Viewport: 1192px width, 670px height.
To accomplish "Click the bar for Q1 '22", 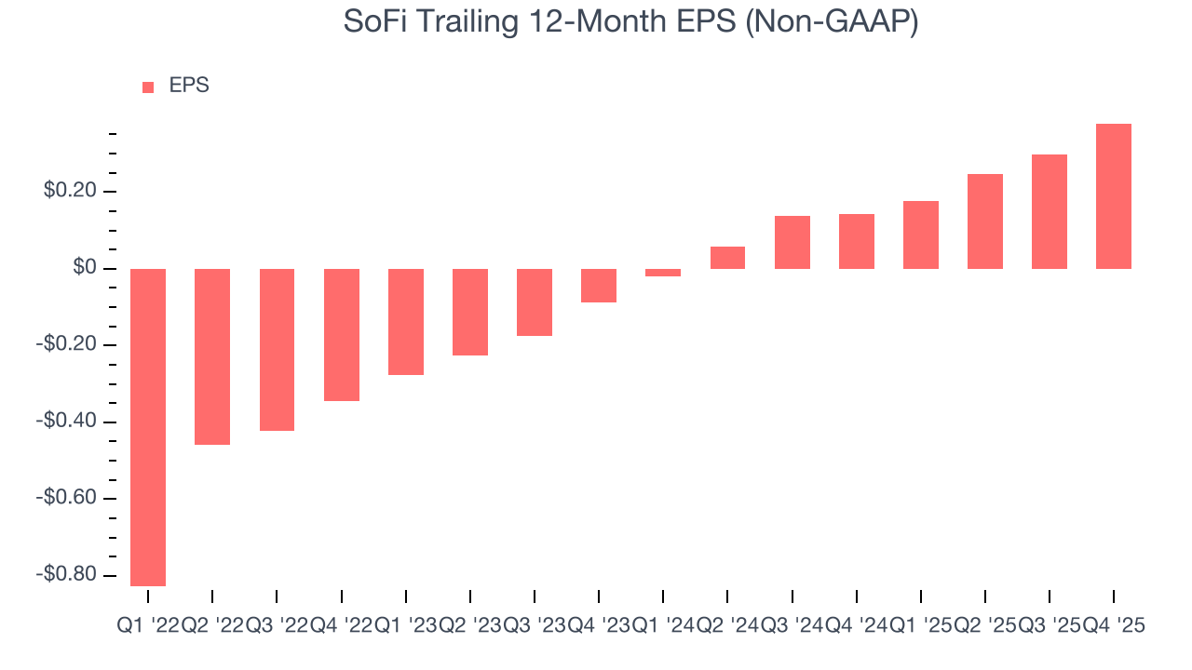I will tap(148, 427).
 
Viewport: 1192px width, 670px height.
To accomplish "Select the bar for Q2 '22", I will tap(212, 356).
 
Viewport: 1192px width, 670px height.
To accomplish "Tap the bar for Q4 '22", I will tap(342, 335).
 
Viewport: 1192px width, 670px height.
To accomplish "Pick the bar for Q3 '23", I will tap(535, 302).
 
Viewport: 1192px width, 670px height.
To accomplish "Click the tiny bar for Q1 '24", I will tap(663, 273).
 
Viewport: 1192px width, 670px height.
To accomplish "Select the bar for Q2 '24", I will tap(727, 258).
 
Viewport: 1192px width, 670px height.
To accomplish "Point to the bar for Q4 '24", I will tap(857, 242).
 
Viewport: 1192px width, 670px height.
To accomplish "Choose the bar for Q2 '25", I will tap(985, 221).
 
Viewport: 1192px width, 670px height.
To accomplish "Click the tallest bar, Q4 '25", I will tap(1114, 196).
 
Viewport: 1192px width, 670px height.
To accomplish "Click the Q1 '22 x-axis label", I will tap(148, 627).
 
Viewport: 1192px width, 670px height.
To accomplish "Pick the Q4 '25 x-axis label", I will tap(1114, 627).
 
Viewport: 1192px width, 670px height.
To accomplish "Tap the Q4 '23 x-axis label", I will tap(599, 627).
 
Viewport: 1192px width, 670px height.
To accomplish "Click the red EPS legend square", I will tap(148, 87).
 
